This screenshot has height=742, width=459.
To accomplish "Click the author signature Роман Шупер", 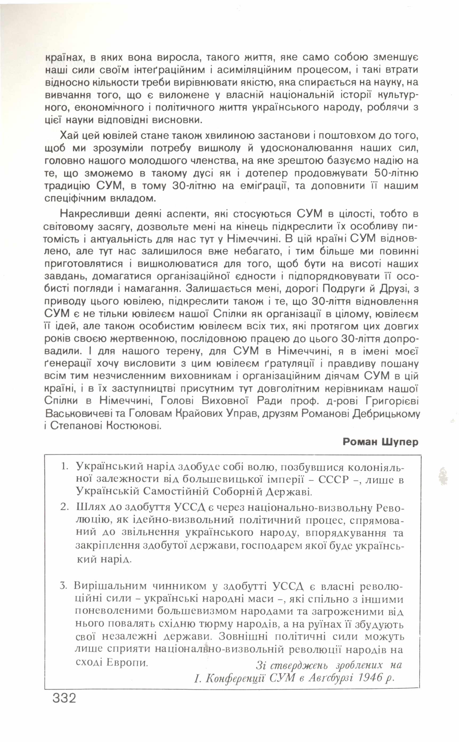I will pyautogui.click(x=380, y=442).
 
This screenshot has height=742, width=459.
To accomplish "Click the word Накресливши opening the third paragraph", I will pyautogui.click(x=95, y=214).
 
